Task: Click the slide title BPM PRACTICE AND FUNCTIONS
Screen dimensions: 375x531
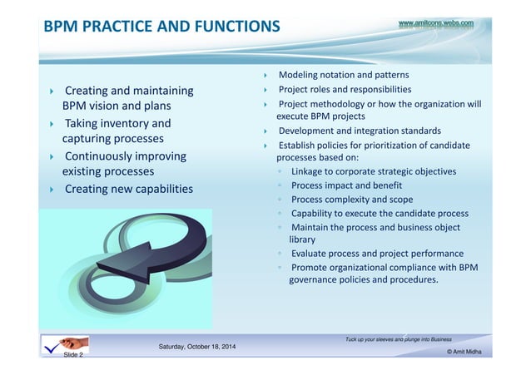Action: [161, 27]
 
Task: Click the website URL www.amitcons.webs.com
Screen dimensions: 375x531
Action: [436, 24]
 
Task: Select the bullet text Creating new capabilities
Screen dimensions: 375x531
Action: [128, 190]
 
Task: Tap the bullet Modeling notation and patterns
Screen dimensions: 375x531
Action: [343, 75]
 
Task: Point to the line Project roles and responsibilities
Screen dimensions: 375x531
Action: [345, 89]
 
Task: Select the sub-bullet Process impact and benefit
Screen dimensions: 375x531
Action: [346, 185]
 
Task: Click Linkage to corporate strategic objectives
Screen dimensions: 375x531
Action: [373, 171]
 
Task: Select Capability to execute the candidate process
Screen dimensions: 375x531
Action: [380, 213]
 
